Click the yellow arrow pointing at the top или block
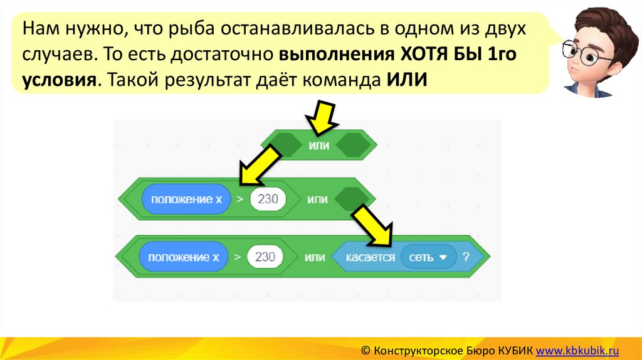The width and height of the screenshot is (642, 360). (x=320, y=117)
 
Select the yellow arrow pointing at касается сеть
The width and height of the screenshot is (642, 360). (x=372, y=226)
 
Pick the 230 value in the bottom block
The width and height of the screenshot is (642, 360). (x=266, y=257)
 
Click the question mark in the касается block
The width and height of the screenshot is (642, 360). (x=466, y=257)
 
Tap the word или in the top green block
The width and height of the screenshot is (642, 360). (x=318, y=145)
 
